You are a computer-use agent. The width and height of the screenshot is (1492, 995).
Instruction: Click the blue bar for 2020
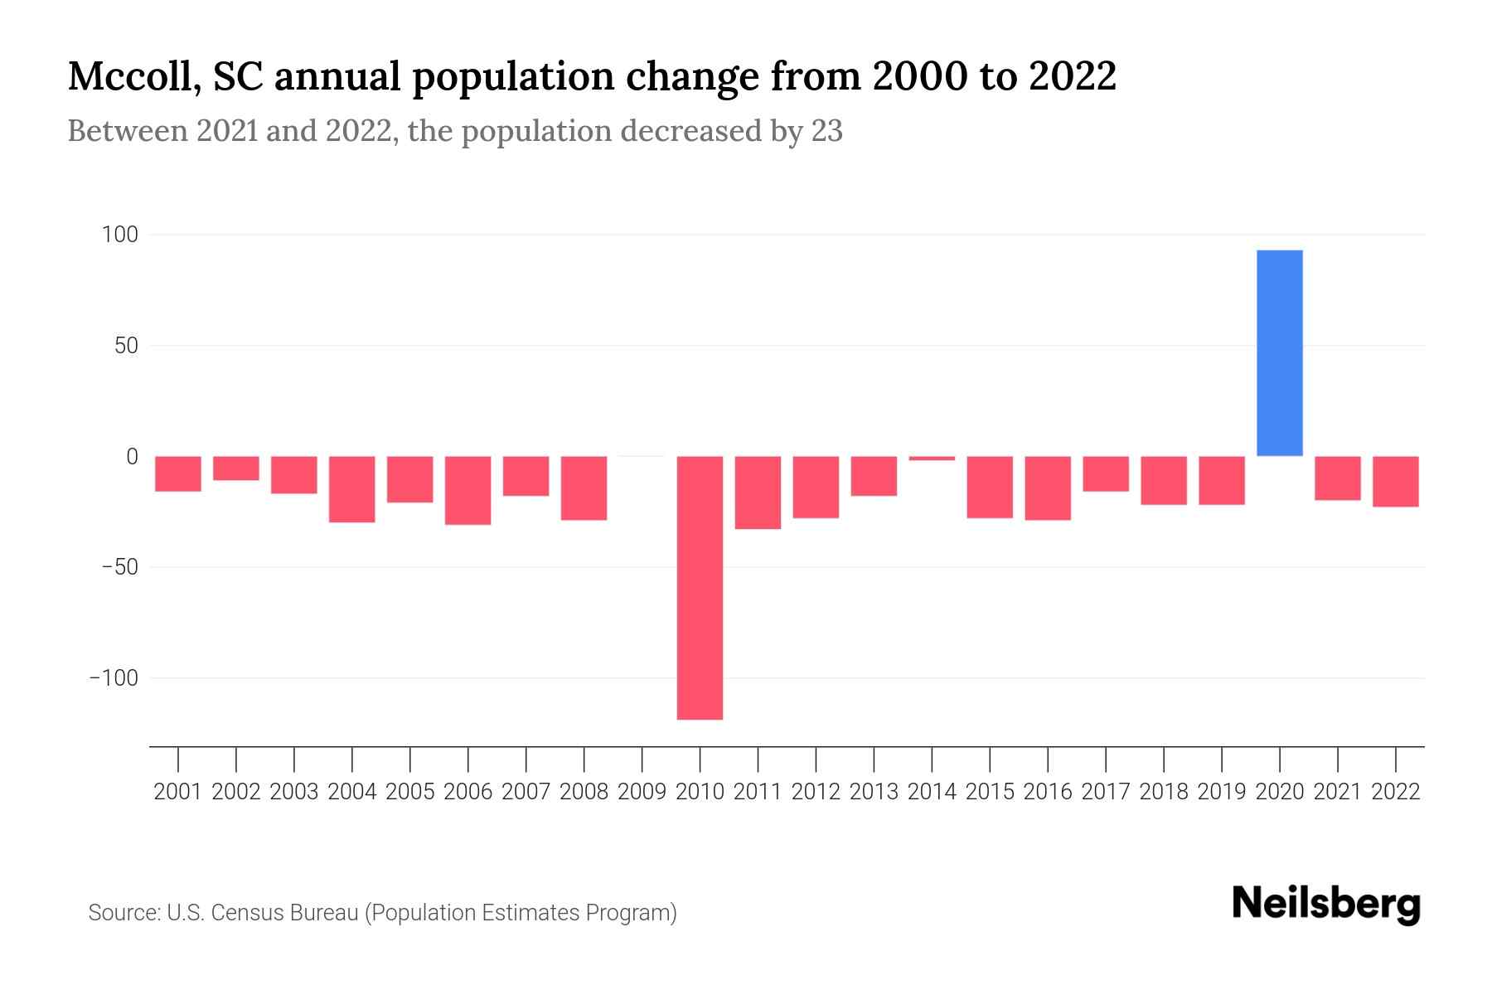tap(1279, 352)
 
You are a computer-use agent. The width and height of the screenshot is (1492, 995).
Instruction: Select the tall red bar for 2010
tap(700, 587)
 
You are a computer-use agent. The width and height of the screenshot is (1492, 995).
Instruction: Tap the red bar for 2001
tap(178, 473)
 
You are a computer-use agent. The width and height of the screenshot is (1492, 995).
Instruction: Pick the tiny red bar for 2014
tap(932, 459)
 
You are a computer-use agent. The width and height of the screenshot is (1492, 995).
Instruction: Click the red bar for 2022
tap(1396, 481)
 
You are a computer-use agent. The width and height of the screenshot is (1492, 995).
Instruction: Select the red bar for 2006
tap(467, 490)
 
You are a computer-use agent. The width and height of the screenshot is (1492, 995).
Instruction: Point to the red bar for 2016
tap(1048, 488)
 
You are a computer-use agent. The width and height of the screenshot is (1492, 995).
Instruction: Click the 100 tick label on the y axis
tap(119, 235)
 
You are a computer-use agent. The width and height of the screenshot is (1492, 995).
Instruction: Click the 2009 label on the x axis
tap(642, 792)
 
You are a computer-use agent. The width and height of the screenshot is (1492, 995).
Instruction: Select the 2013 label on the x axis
tap(874, 792)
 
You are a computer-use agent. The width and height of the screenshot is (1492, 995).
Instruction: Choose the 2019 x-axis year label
tap(1222, 792)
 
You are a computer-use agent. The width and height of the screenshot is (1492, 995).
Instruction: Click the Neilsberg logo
tap(1326, 905)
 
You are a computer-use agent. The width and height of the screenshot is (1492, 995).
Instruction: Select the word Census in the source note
tap(243, 913)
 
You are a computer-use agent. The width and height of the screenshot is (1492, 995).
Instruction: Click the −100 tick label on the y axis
tap(114, 678)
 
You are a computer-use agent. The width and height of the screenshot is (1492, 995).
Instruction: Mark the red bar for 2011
tap(758, 492)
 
